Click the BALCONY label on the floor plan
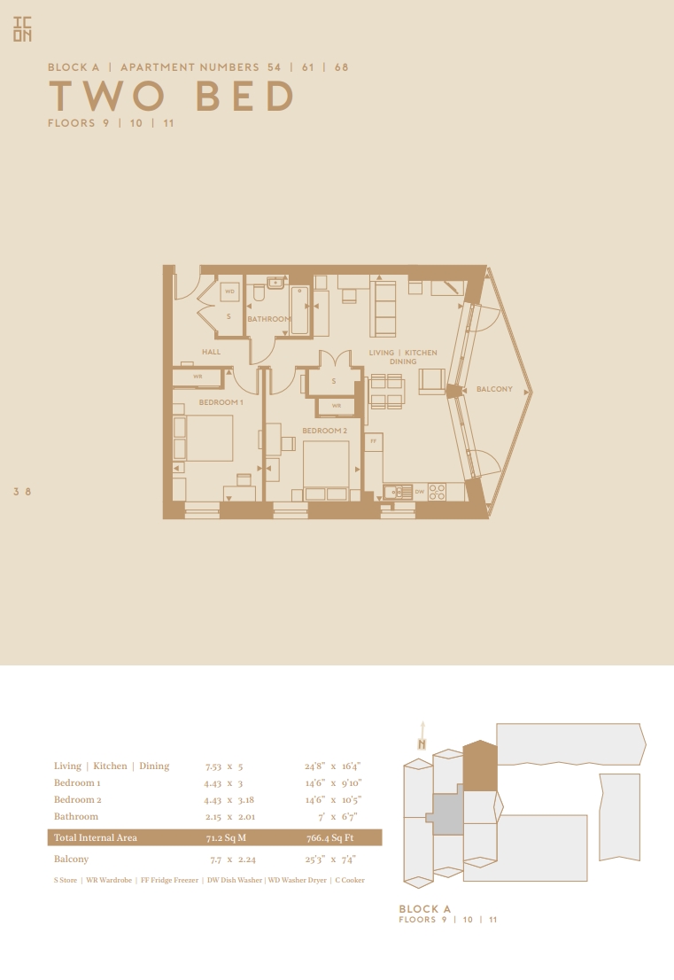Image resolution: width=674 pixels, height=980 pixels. tap(494, 389)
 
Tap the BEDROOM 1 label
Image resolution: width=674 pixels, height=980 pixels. tap(221, 402)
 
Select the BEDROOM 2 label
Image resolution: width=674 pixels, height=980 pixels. tap(325, 431)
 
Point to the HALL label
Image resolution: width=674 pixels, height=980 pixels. tap(211, 352)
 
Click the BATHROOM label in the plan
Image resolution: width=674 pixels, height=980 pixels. tap(269, 319)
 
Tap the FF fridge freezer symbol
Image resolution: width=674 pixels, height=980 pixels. tap(374, 442)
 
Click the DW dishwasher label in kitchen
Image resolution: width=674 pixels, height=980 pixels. tap(420, 492)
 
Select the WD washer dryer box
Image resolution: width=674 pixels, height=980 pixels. tap(230, 292)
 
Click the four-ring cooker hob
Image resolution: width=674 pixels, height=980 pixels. tap(438, 493)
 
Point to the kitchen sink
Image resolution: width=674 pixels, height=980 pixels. tap(398, 493)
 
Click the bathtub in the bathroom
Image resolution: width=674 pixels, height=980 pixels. tap(300, 311)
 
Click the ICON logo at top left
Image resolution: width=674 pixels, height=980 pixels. tap(22, 29)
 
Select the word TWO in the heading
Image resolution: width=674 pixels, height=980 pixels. tap(107, 97)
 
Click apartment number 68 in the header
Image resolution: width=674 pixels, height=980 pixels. tap(342, 66)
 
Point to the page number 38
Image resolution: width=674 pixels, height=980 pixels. tap(22, 492)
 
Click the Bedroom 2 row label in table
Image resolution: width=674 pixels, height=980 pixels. tap(77, 799)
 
